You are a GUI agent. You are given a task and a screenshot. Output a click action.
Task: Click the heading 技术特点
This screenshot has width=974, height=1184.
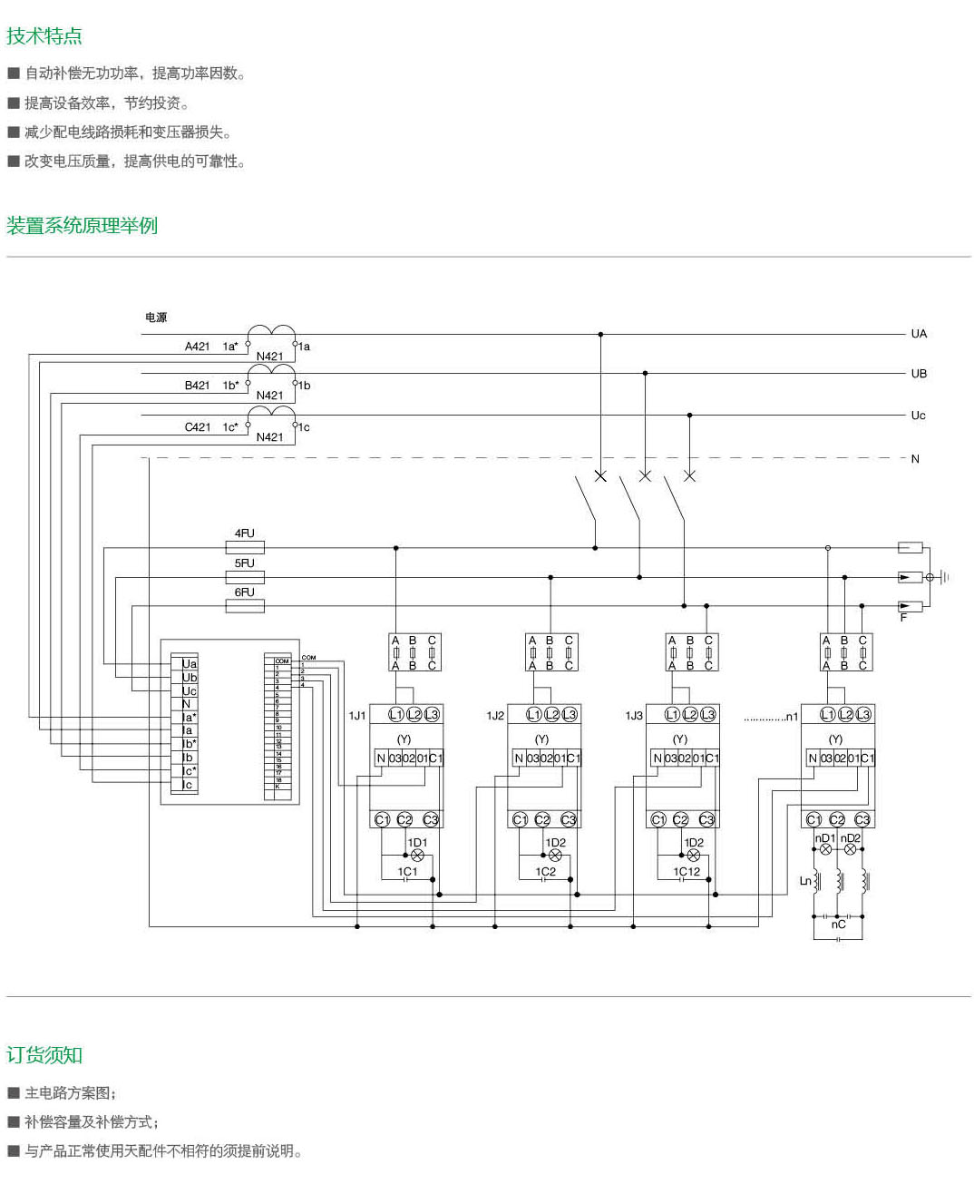click(44, 36)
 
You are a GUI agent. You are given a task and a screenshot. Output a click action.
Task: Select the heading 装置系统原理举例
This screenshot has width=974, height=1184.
click(83, 225)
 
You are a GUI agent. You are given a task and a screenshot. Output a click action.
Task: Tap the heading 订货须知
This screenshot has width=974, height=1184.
click(44, 1055)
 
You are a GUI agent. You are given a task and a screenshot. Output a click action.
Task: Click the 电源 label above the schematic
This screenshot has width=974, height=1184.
click(156, 318)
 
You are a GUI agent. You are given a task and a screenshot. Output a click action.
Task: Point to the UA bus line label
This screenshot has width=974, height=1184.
click(919, 334)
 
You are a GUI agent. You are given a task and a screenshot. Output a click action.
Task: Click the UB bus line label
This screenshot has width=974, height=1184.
click(919, 374)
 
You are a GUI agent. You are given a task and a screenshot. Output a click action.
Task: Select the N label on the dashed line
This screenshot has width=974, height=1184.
click(915, 459)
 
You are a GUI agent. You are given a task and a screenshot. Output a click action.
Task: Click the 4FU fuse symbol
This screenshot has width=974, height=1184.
click(245, 547)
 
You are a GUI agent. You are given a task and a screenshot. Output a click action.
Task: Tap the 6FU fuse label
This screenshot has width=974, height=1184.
click(245, 592)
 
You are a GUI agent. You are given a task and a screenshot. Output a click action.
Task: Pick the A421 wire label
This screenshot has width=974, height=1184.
click(198, 347)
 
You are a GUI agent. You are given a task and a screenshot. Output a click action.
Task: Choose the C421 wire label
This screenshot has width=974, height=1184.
click(198, 427)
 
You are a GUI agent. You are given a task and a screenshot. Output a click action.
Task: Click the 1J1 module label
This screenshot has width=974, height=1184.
click(357, 716)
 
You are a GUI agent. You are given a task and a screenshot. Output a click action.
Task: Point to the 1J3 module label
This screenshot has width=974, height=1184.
click(634, 716)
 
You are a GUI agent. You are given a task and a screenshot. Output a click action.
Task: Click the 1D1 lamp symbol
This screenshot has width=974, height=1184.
click(418, 856)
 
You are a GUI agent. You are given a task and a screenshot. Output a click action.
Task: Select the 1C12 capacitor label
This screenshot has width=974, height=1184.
click(687, 872)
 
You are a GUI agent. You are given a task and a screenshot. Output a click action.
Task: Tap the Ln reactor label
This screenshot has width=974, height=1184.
click(805, 881)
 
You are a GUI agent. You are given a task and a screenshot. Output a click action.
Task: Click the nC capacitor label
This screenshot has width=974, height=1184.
click(838, 925)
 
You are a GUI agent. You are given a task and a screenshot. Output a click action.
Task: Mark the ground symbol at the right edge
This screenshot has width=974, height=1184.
click(944, 577)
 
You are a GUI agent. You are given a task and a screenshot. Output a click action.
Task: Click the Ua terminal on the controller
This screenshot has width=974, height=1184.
click(189, 664)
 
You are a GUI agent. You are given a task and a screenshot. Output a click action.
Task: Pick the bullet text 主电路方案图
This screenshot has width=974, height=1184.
click(71, 1093)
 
